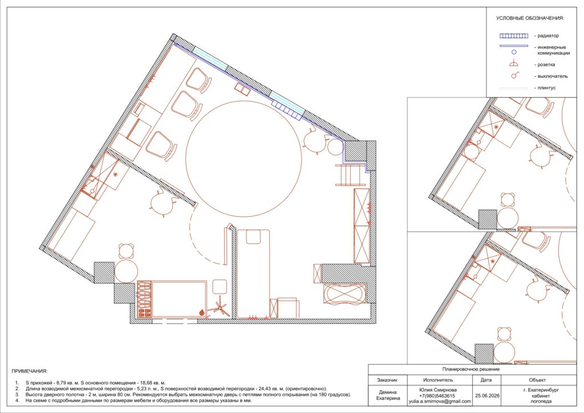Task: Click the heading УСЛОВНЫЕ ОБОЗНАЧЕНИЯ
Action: (530, 18)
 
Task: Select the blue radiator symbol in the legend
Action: (514, 36)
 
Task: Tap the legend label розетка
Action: (546, 64)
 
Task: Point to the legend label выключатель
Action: (553, 76)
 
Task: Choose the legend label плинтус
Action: (547, 88)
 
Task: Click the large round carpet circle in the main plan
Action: (244, 159)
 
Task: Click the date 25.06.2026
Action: (487, 396)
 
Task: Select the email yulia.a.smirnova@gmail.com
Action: (440, 402)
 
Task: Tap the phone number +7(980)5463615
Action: (437, 396)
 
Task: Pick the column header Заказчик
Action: (387, 380)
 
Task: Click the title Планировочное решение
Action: (471, 370)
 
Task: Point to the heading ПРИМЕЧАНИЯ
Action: (30, 371)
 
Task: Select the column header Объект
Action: (537, 380)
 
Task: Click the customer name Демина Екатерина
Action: (388, 395)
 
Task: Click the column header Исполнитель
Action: (438, 380)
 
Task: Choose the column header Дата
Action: (486, 380)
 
